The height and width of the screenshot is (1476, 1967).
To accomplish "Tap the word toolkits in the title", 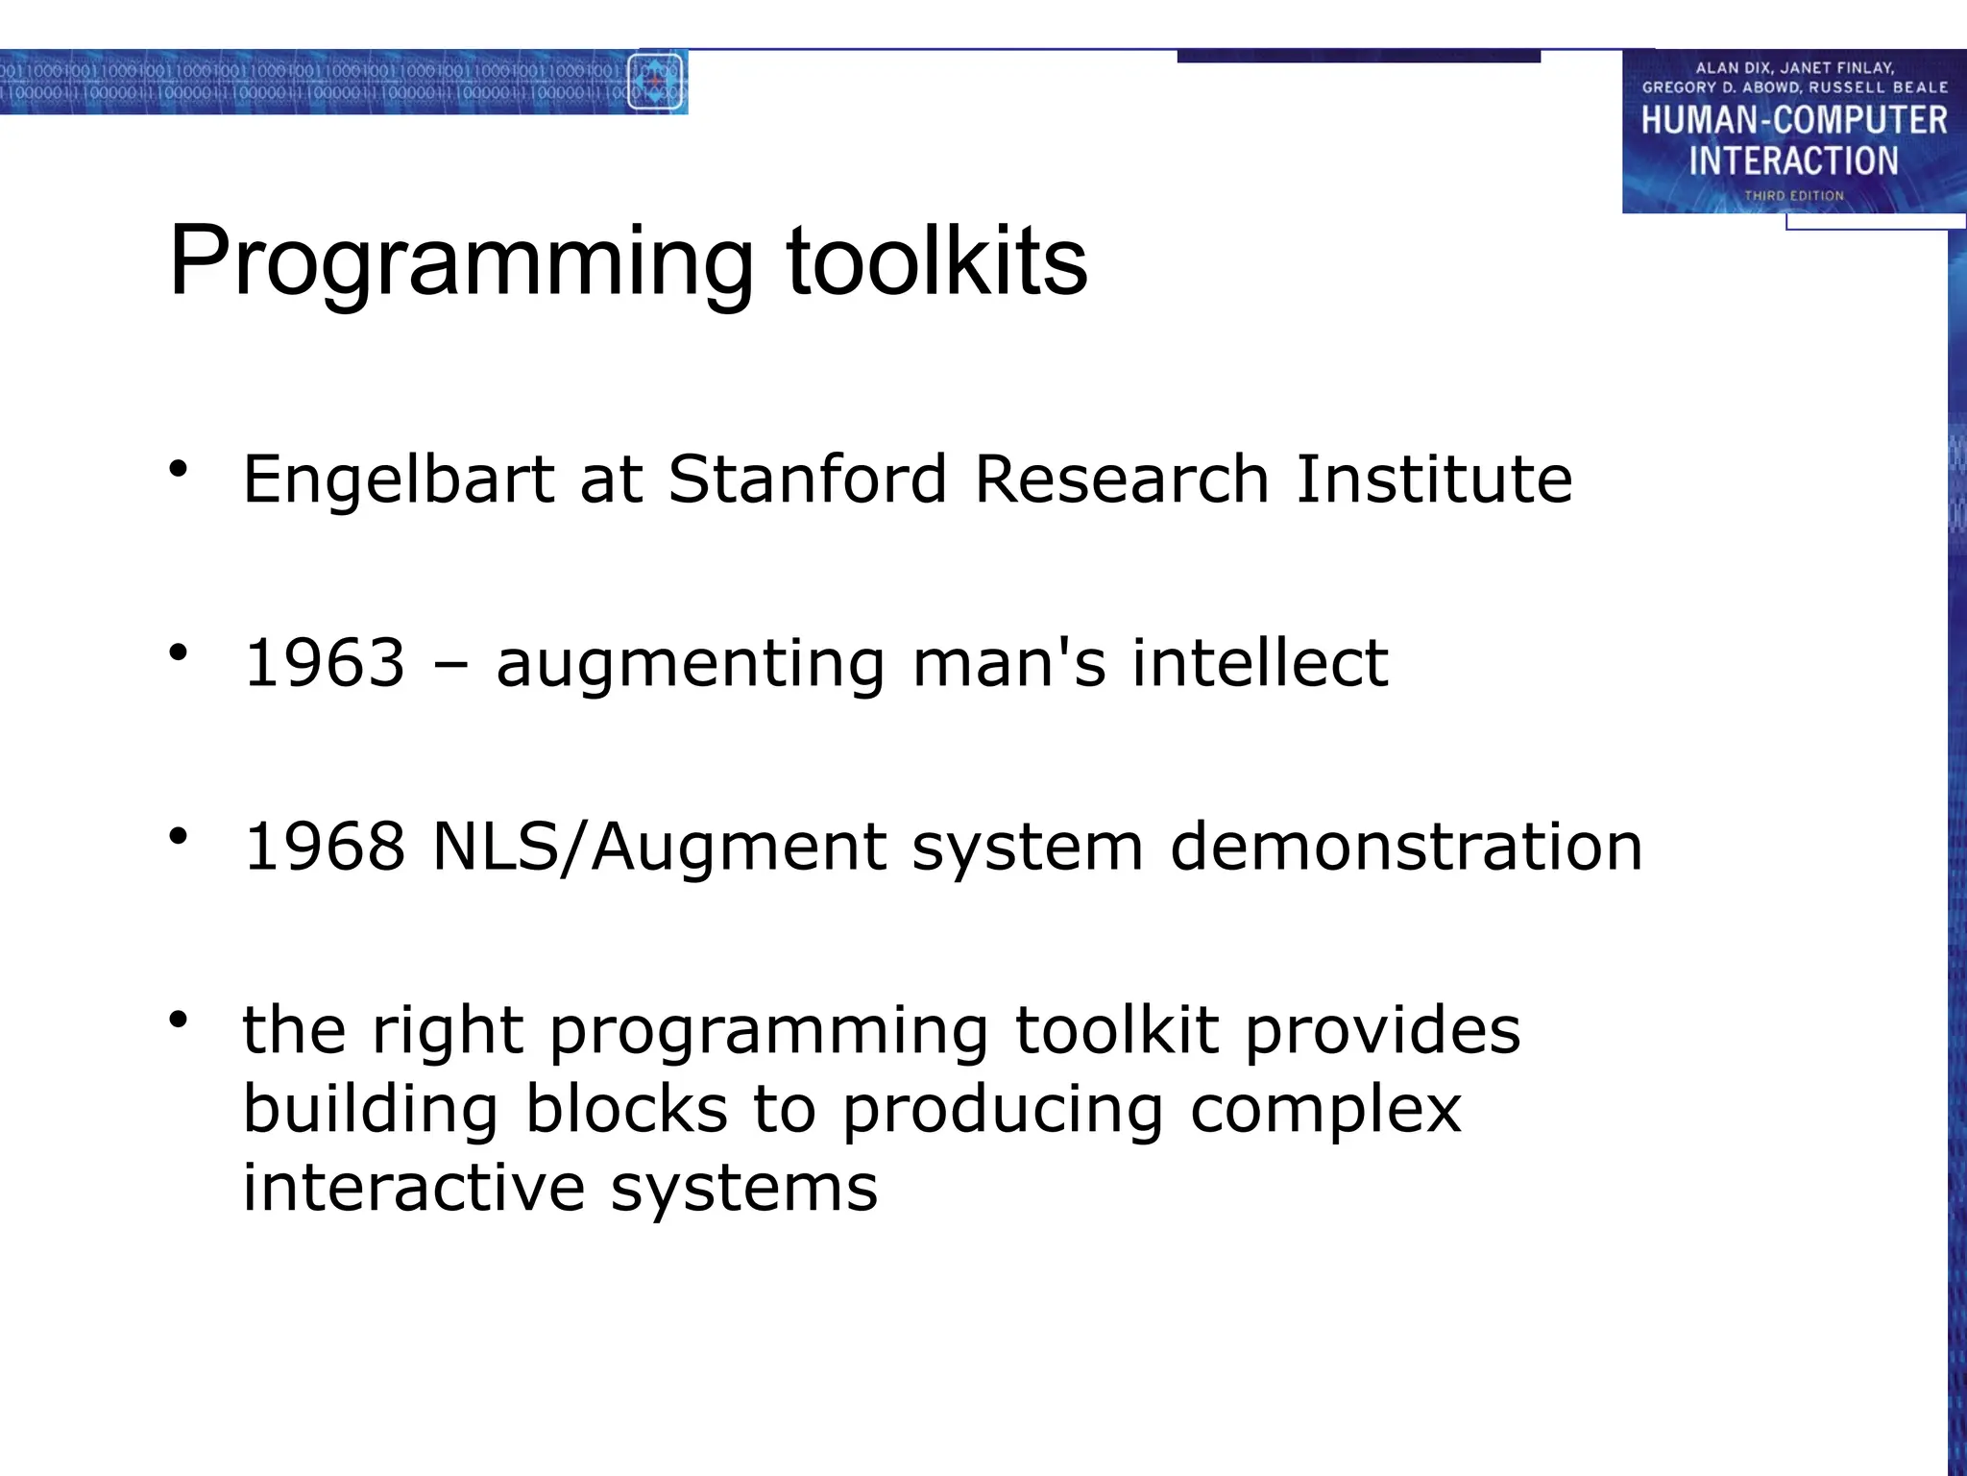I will click(x=936, y=260).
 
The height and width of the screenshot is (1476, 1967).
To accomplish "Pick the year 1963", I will click(x=325, y=663).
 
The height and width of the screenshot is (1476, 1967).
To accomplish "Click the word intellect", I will click(x=1259, y=663).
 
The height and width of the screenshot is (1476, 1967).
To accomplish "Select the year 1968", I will click(x=325, y=847).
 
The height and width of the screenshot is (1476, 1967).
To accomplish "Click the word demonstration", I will click(x=1406, y=847).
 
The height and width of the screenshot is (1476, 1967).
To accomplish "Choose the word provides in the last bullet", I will click(x=1383, y=1030).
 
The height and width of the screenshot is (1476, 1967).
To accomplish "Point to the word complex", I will click(x=1325, y=1109).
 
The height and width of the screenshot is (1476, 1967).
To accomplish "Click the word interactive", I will click(x=413, y=1188).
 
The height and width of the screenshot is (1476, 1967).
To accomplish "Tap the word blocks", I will click(x=626, y=1109).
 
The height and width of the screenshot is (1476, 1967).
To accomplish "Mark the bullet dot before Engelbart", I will click(x=178, y=469).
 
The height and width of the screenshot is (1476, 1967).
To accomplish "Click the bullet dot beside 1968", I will click(x=178, y=836).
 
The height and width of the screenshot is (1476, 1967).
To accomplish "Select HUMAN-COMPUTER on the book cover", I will click(x=1793, y=120).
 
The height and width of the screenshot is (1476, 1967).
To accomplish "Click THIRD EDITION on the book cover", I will click(x=1794, y=196).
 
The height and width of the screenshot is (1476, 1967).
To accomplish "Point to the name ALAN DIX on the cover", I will click(x=1732, y=68).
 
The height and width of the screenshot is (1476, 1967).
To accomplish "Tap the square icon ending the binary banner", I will click(x=656, y=83).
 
